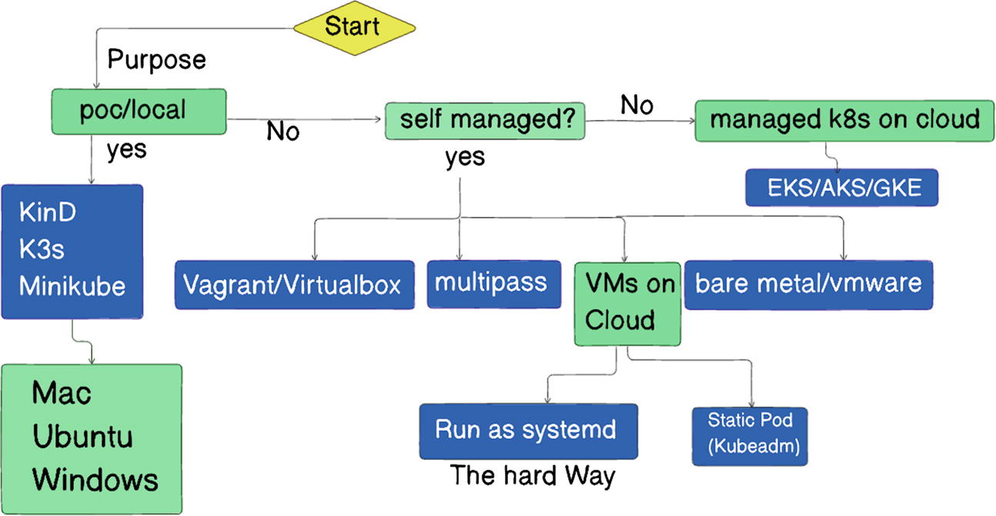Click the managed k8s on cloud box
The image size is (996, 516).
pos(844,120)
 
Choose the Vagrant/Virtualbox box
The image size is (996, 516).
pos(292,285)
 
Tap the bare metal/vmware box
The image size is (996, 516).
pos(808,283)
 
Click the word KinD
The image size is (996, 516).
pos(47,213)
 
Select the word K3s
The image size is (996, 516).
pos(43,249)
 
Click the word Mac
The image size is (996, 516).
pos(62,394)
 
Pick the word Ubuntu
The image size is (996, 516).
pos(82,437)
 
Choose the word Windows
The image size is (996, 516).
pos(95,480)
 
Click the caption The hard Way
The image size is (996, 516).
pos(533,476)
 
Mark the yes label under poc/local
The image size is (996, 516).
pos(126,149)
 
